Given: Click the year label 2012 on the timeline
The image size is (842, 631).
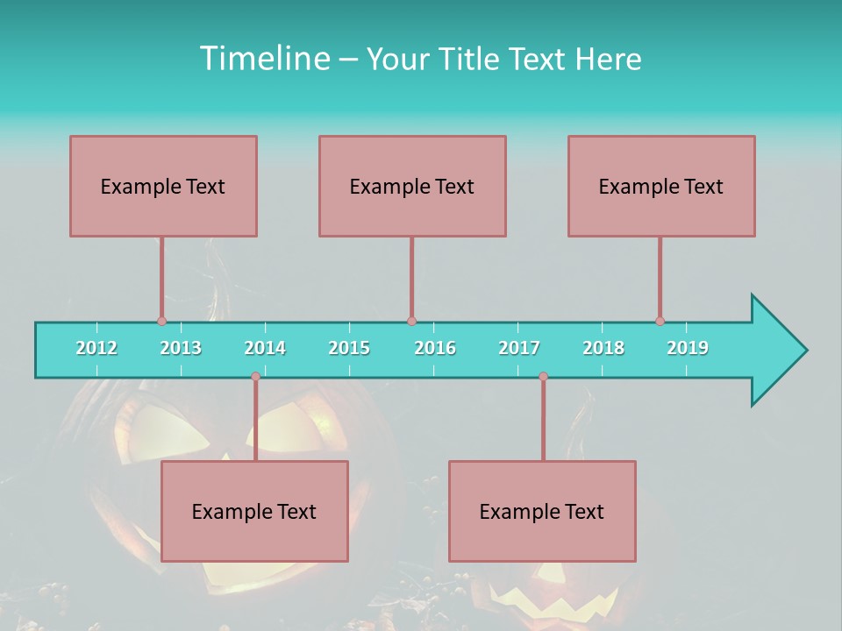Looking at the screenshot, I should coord(96,348).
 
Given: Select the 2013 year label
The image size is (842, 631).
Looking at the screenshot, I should coord(181,348).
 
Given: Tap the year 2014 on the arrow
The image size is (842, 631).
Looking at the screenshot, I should coord(265,348).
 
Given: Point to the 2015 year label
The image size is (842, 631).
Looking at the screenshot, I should coord(349,348).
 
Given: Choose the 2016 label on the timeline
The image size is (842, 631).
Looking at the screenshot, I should coord(435,348).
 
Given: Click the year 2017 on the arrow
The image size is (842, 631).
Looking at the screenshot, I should coord(519,348).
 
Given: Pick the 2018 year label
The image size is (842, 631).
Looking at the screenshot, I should coord(603,348).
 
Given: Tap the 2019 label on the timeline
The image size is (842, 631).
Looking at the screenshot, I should coord(688,348).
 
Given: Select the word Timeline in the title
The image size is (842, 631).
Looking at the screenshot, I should coord(263,59).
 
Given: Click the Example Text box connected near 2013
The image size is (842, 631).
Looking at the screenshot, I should coord(163,186).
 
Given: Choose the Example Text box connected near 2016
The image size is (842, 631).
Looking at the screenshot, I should coord(412,186).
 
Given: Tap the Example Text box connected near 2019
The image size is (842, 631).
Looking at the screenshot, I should coord(661,186).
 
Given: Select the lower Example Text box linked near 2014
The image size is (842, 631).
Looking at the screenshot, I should coord(254,511).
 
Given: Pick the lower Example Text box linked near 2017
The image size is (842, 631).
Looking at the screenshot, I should coord(542,511).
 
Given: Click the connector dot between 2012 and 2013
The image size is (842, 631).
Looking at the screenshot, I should coord(161,322).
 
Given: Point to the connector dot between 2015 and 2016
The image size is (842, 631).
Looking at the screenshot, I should coord(411,322).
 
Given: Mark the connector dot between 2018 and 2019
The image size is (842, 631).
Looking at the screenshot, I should coord(660,322).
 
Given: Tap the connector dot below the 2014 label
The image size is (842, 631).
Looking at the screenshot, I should coord(255,377).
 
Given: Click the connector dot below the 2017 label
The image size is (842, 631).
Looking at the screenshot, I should coord(543,377).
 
